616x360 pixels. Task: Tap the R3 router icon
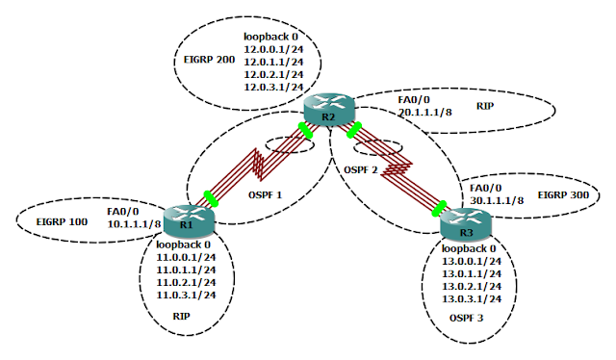[466, 226]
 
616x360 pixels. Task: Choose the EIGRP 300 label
[562, 194]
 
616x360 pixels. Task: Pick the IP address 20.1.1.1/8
[425, 111]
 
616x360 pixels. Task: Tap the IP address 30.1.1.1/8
[496, 200]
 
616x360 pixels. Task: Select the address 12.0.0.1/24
[274, 46]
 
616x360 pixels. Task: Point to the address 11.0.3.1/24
[187, 295]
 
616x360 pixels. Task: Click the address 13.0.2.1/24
[472, 286]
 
